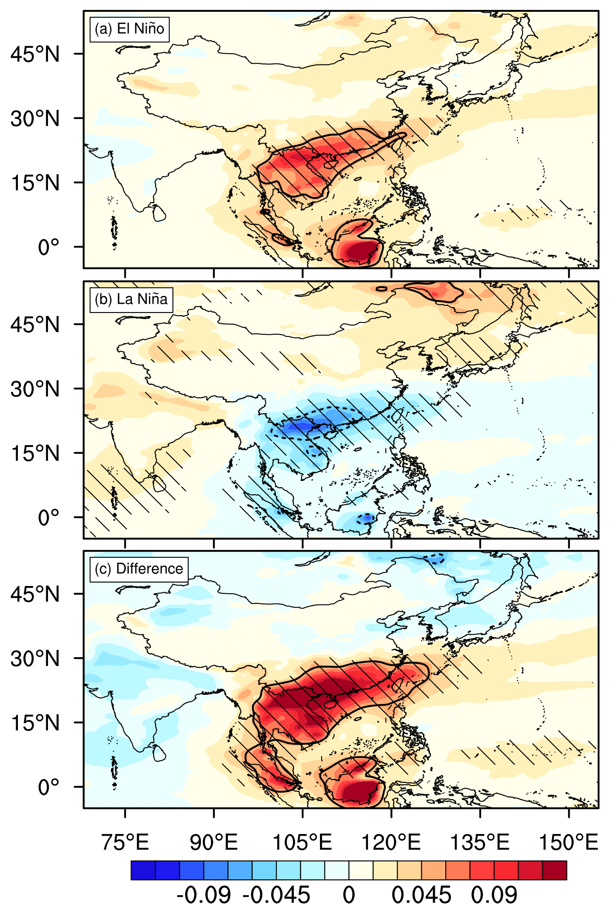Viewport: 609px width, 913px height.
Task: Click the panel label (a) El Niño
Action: [129, 29]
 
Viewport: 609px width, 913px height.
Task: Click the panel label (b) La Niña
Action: [131, 299]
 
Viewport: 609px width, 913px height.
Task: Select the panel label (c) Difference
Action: [139, 569]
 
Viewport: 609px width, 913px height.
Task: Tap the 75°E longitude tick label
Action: [125, 842]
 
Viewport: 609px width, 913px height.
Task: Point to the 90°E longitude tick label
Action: [213, 842]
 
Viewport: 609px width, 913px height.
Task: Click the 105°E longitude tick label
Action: [302, 842]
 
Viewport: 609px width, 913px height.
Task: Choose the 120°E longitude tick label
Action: [391, 842]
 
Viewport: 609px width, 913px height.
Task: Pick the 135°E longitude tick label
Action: [480, 842]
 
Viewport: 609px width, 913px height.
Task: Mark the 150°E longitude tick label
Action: [568, 842]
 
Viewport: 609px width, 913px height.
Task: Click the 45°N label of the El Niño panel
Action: [35, 54]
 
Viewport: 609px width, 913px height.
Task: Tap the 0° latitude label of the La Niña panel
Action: [48, 518]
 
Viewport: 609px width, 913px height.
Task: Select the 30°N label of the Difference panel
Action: [35, 659]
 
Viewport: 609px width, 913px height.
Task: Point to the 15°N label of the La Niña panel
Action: [35, 453]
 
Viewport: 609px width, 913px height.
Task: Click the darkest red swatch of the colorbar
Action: [554, 870]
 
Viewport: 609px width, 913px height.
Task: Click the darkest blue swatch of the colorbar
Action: [143, 870]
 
